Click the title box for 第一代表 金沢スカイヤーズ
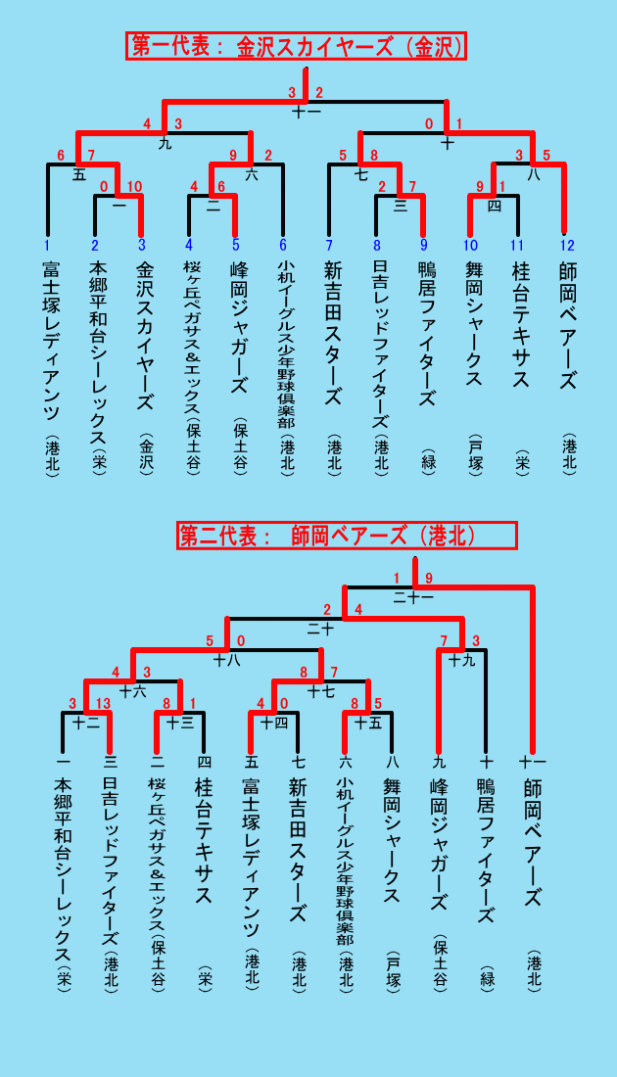(x=296, y=46)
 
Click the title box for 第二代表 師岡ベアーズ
(x=347, y=536)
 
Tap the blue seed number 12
(x=567, y=245)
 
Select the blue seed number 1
(x=47, y=245)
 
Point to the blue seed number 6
(x=282, y=245)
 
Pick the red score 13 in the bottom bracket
(x=103, y=703)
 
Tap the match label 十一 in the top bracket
(x=306, y=112)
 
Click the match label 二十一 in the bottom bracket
(x=413, y=597)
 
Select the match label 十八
(x=227, y=661)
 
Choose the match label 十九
(x=461, y=661)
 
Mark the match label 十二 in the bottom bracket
(x=86, y=722)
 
